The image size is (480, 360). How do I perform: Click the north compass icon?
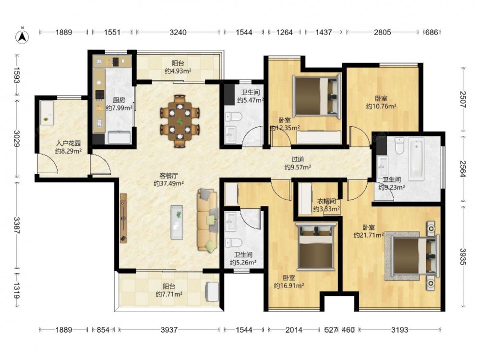[23, 36]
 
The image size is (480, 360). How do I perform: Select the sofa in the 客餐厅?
[208, 220]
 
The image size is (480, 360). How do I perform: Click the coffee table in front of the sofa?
[177, 222]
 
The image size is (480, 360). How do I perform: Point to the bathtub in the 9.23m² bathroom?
[416, 158]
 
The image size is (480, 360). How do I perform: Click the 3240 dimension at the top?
[178, 32]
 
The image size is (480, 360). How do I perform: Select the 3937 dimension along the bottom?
[169, 330]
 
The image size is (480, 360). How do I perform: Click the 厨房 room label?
[119, 100]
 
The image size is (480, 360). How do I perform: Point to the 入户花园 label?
[68, 143]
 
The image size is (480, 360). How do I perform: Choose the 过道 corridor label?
[298, 159]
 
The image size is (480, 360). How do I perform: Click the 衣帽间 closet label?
[326, 202]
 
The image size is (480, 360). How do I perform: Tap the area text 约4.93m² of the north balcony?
[178, 72]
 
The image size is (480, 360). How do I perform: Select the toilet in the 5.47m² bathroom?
[234, 116]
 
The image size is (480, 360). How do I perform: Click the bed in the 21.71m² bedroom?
[415, 256]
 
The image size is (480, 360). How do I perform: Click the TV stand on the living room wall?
[123, 218]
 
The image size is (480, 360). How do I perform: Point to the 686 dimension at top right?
[432, 32]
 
